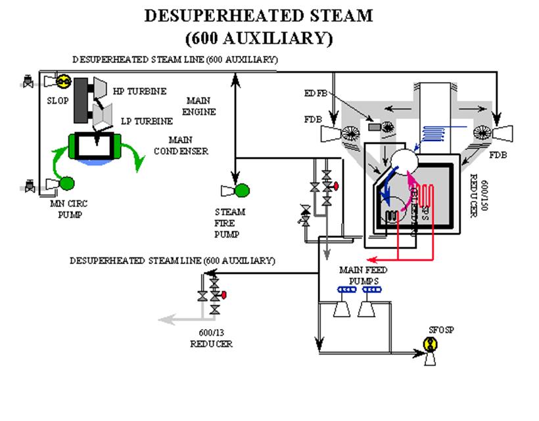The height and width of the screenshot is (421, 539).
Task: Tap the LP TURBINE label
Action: click(147, 122)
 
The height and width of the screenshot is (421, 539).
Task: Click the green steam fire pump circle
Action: click(243, 190)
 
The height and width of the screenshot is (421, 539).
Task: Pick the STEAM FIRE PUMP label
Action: click(230, 223)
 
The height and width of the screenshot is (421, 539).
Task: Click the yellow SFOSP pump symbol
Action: click(431, 343)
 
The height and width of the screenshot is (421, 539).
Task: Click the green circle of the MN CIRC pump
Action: click(66, 183)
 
